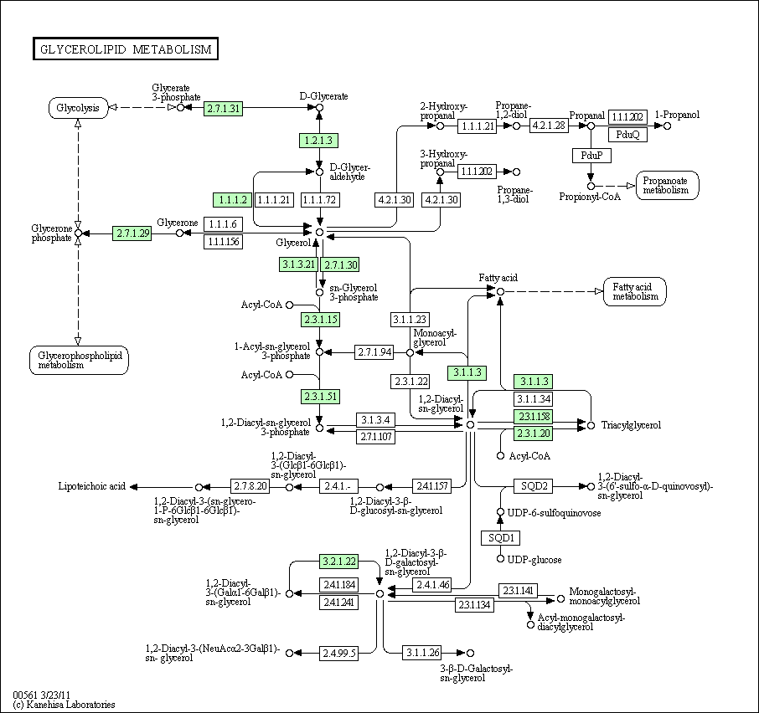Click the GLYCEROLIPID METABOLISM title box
pyautogui.click(x=126, y=49)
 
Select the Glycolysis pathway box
pyautogui.click(x=78, y=108)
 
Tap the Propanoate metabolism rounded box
pyautogui.click(x=667, y=185)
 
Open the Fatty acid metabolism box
pyautogui.click(x=634, y=291)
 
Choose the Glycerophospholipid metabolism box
pyautogui.click(x=78, y=360)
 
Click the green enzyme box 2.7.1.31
pyautogui.click(x=224, y=108)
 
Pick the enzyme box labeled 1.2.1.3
pyautogui.click(x=318, y=140)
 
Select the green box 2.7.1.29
pyautogui.click(x=132, y=233)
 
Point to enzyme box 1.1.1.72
pyautogui.click(x=318, y=199)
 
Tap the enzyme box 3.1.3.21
pyautogui.click(x=298, y=264)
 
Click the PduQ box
pyautogui.click(x=627, y=134)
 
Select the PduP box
pyautogui.click(x=591, y=156)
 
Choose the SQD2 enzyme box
pyautogui.click(x=534, y=486)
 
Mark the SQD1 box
pyautogui.click(x=500, y=537)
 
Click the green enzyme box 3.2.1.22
pyautogui.click(x=339, y=562)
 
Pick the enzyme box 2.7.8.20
pyautogui.click(x=250, y=486)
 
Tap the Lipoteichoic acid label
pyautogui.click(x=91, y=486)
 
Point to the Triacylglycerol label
pyautogui.click(x=631, y=425)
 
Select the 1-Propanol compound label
pyautogui.click(x=677, y=115)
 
